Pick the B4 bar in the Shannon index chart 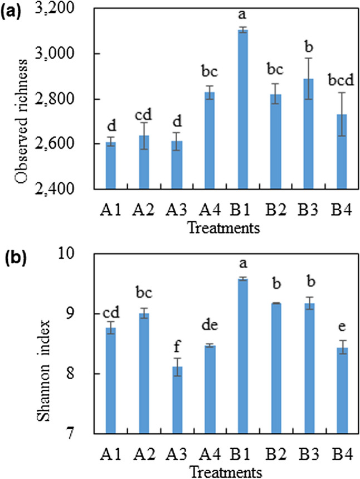point(342,390)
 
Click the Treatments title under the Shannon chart point(225,470)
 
